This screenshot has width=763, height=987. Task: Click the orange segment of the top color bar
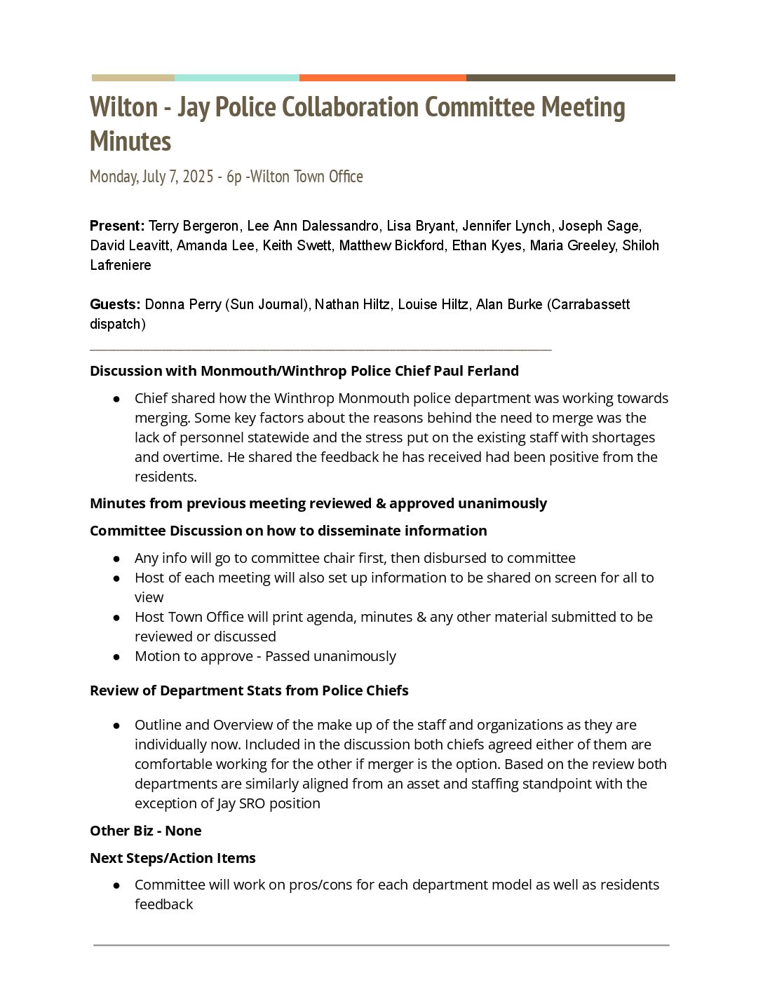point(382,78)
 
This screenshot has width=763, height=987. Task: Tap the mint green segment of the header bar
point(236,78)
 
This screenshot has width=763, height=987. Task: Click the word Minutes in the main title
point(130,142)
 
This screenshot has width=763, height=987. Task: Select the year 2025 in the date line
point(198,177)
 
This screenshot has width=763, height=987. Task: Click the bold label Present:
point(117,226)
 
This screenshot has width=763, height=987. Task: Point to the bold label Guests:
point(116,304)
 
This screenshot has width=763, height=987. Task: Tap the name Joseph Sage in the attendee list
point(598,226)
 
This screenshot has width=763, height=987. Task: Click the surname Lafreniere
point(121,265)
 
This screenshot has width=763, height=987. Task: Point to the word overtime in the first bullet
point(419,457)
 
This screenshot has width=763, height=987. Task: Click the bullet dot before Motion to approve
point(116,657)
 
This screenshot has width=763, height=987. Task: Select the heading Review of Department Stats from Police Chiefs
point(249,690)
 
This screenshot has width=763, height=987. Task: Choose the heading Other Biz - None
point(146,831)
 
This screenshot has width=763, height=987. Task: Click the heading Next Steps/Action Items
point(173,858)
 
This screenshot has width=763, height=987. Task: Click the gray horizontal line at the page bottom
point(381,945)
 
